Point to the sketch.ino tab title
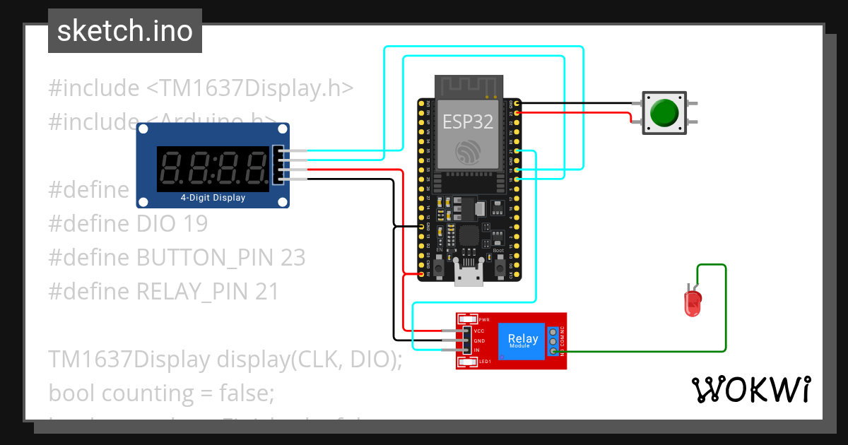point(125,31)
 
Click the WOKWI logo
point(750,389)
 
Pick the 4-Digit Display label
point(213,198)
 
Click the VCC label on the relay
point(479,331)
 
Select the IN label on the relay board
point(477,350)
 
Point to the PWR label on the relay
point(483,320)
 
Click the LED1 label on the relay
point(485,362)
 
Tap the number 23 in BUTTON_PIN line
point(292,258)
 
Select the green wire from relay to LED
point(725,311)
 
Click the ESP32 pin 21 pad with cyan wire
point(518,151)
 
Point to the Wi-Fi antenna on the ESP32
point(468,86)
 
